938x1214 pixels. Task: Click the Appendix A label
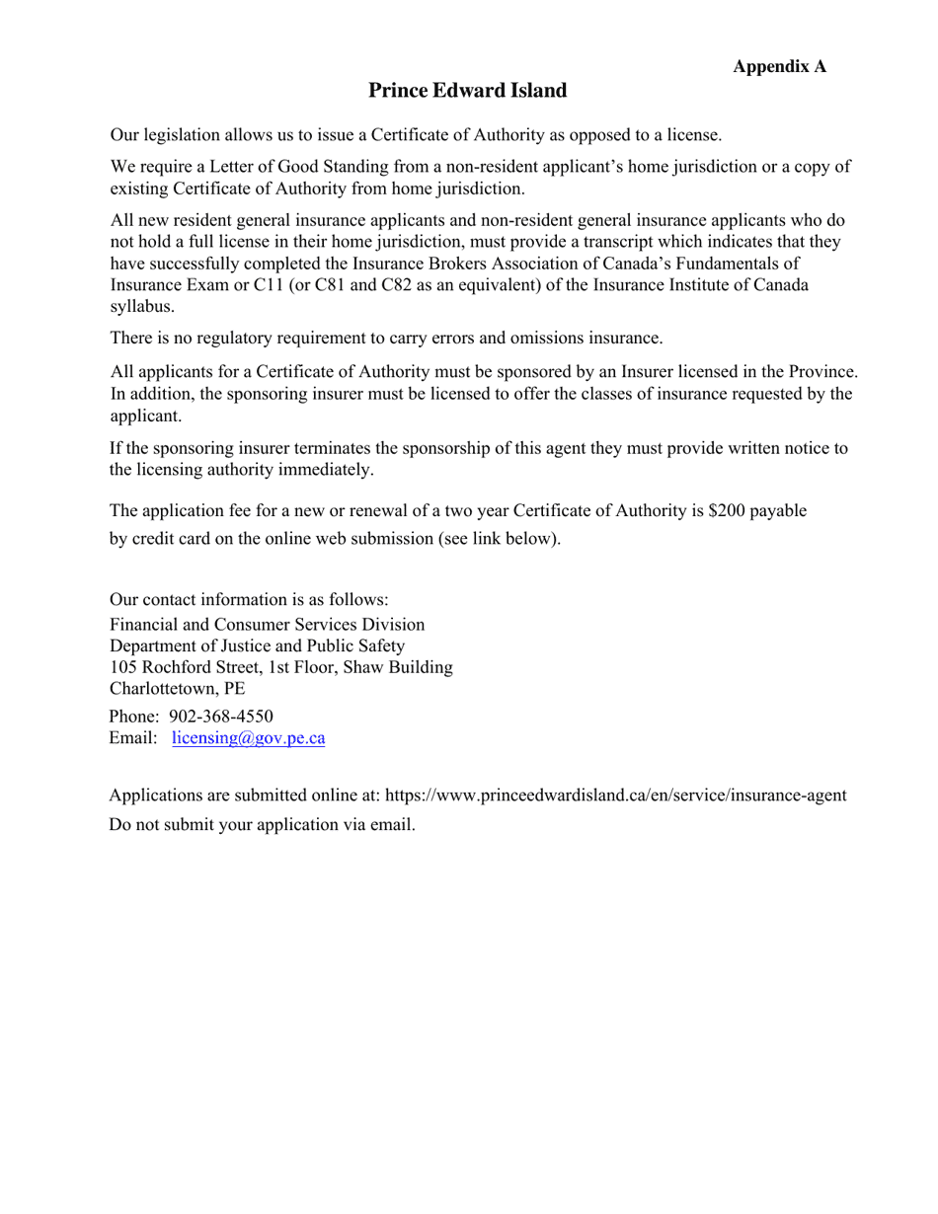point(779,66)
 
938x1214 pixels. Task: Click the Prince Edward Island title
point(468,91)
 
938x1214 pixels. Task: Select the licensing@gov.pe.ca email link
point(248,738)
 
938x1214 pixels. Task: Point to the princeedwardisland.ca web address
point(615,796)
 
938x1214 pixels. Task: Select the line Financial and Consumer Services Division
point(267,625)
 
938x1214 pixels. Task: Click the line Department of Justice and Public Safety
point(257,646)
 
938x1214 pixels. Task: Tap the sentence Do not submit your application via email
point(262,824)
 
